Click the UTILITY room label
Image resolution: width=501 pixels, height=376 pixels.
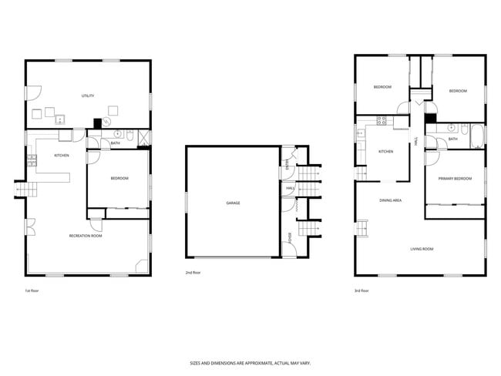pyautogui.click(x=88, y=96)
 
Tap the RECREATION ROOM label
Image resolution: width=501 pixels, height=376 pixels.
pyautogui.click(x=86, y=236)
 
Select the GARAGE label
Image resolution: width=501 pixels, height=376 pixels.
pyautogui.click(x=233, y=203)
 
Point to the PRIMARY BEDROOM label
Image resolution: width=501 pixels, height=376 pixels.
pyautogui.click(x=455, y=179)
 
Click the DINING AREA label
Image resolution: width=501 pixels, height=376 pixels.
pyautogui.click(x=390, y=200)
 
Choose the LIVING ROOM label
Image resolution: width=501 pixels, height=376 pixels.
pyautogui.click(x=421, y=249)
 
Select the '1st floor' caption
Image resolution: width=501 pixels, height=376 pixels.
pyautogui.click(x=32, y=290)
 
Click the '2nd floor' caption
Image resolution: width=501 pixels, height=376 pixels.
pyautogui.click(x=193, y=273)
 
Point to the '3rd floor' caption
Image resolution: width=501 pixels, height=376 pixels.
pyautogui.click(x=361, y=290)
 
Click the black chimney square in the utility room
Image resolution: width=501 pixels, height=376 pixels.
pyautogui.click(x=97, y=122)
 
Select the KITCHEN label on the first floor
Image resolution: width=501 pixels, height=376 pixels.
pyautogui.click(x=62, y=156)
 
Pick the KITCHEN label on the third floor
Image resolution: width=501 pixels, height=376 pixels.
pyautogui.click(x=385, y=151)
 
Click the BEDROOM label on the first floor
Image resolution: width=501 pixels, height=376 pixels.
pyautogui.click(x=119, y=179)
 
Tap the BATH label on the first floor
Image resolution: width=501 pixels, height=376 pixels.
pyautogui.click(x=115, y=143)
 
